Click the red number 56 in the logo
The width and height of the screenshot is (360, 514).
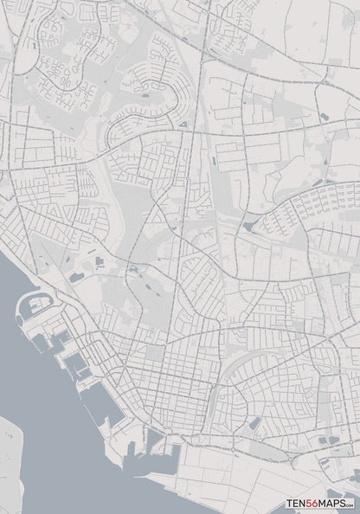311,503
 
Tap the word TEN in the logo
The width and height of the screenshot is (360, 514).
296,503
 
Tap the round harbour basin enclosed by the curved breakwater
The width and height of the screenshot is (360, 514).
33,305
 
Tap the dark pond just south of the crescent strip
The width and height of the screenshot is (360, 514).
255,423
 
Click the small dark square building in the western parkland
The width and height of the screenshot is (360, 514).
97,260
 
